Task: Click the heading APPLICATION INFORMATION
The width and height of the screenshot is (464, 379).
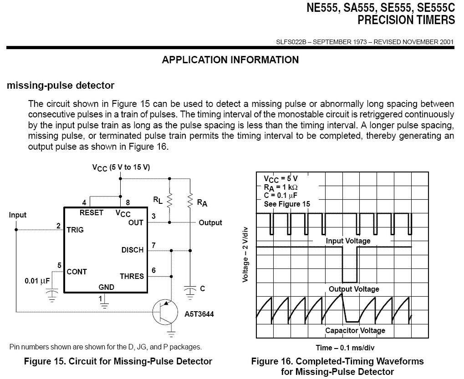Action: pyautogui.click(x=230, y=60)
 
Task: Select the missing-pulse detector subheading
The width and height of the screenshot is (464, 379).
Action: pyautogui.click(x=60, y=85)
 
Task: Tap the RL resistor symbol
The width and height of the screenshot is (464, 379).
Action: pyautogui.click(x=169, y=201)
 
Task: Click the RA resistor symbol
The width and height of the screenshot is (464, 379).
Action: pyautogui.click(x=190, y=201)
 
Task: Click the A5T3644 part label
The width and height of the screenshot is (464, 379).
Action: pyautogui.click(x=199, y=314)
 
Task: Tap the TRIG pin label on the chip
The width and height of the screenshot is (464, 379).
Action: pyautogui.click(x=75, y=230)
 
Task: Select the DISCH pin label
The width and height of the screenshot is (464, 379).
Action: pyautogui.click(x=133, y=250)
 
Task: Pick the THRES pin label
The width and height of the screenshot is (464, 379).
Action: pyautogui.click(x=132, y=276)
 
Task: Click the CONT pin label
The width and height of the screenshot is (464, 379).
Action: pyautogui.click(x=76, y=272)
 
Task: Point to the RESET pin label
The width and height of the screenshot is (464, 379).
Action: pyautogui.click(x=92, y=212)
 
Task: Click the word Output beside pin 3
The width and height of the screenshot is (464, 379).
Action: pyautogui.click(x=210, y=222)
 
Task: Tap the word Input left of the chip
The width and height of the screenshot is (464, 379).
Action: pyautogui.click(x=18, y=215)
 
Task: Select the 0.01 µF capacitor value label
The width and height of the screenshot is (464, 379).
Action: pyautogui.click(x=37, y=281)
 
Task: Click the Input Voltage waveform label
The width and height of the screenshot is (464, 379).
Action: pyautogui.click(x=348, y=241)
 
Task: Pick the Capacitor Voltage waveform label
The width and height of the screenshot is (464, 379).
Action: pyautogui.click(x=355, y=331)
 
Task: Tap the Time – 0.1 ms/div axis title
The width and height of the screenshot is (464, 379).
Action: pyautogui.click(x=345, y=348)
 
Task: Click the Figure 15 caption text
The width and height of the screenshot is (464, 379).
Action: pyautogui.click(x=118, y=361)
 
